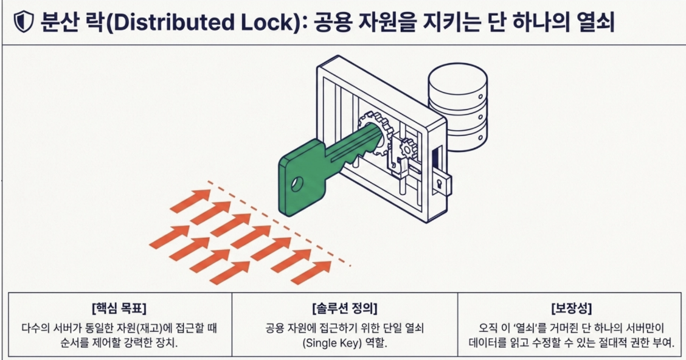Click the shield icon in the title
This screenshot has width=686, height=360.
pyautogui.click(x=24, y=22)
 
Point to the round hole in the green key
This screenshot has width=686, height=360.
pyautogui.click(x=297, y=184)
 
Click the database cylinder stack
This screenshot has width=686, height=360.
pyautogui.click(x=457, y=107)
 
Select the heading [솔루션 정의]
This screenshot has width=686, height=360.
pyautogui.click(x=345, y=308)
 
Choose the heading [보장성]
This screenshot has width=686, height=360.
pyautogui.click(x=572, y=308)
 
